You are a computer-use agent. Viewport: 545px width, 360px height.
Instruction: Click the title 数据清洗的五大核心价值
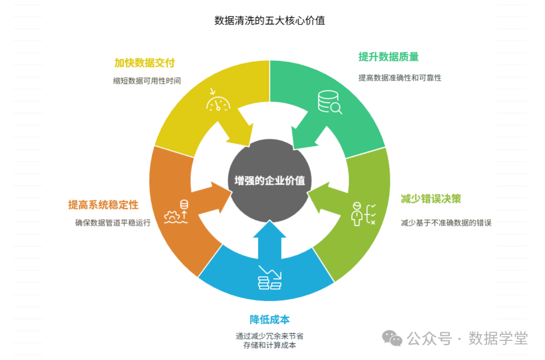[x=269, y=21]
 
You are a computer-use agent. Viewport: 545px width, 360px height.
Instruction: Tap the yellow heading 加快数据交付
[x=144, y=63]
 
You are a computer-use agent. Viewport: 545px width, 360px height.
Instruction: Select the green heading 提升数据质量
[x=389, y=57]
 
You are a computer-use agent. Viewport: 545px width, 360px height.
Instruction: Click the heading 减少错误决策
[x=431, y=198]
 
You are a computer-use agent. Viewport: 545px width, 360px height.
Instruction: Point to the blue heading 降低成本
[x=269, y=320]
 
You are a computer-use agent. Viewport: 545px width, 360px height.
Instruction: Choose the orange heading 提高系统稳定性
[x=103, y=205]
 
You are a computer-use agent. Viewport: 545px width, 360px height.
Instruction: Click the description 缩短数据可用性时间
[x=147, y=81]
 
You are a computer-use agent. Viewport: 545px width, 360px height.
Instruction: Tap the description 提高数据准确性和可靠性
[x=400, y=78]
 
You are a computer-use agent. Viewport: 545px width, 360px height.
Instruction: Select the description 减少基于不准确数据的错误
[x=446, y=222]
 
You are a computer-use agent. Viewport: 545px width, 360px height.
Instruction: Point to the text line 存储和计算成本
[x=269, y=345]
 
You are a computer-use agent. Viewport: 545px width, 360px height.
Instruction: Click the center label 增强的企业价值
[x=269, y=181]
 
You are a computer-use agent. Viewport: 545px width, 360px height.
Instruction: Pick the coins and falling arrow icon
[x=269, y=278]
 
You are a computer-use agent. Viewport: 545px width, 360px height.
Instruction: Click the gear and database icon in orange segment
[x=177, y=212]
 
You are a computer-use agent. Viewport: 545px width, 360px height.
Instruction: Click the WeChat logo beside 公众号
[x=392, y=338]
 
